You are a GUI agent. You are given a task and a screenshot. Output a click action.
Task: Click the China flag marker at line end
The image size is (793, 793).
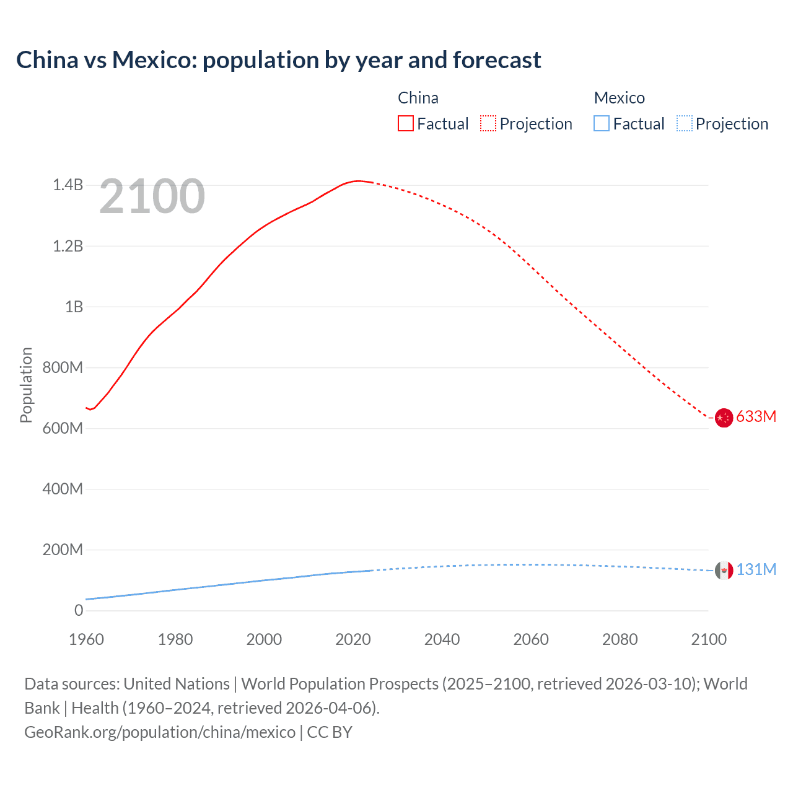coord(724,418)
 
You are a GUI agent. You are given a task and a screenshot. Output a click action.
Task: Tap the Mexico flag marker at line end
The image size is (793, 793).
coord(724,571)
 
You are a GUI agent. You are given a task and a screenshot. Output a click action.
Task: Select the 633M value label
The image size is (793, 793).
coord(756,416)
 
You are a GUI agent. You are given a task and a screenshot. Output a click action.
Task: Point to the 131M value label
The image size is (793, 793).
coord(756,569)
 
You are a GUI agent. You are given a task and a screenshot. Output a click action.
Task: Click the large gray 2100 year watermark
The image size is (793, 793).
coord(152,196)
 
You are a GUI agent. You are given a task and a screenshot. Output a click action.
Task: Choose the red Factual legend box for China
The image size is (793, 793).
coord(405,123)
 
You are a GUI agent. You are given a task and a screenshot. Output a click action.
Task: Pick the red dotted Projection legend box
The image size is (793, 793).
coord(488,123)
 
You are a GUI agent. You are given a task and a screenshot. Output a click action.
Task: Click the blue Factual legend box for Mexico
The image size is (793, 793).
coord(602,123)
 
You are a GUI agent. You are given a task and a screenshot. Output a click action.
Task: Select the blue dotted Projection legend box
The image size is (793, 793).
coord(684,123)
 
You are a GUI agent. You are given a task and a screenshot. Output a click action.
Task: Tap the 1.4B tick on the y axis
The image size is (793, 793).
coord(68,185)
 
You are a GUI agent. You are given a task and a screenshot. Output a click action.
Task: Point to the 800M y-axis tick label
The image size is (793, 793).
coord(63,367)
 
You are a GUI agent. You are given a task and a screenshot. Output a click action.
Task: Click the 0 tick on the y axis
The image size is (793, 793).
coord(79,610)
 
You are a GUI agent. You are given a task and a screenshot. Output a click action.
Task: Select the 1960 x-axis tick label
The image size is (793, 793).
coord(86,639)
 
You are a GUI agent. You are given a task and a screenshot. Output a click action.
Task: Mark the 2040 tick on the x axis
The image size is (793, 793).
coord(442,639)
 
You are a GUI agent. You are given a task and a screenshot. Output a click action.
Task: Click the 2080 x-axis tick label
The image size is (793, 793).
coord(620,639)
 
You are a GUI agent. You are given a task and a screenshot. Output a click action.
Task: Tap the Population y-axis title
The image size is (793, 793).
coord(26,385)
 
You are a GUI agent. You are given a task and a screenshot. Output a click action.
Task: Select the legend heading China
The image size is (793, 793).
coord(418,98)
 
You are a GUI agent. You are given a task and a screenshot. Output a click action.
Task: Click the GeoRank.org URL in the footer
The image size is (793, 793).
coord(160,732)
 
